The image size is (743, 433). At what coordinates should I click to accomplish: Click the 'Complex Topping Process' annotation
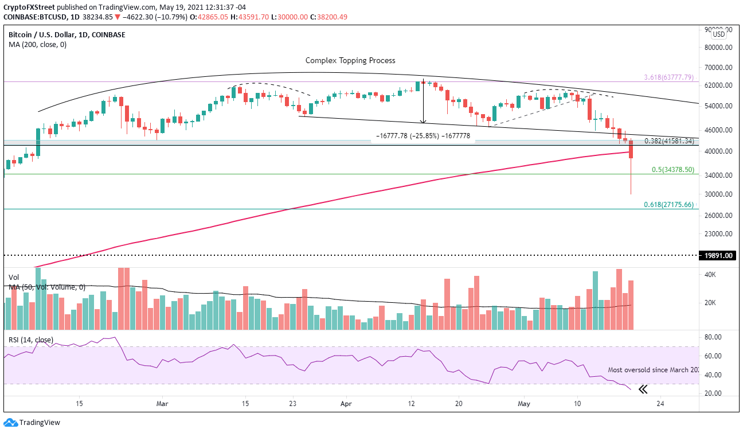point(350,60)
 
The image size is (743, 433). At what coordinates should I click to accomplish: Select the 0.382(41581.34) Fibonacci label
point(669,141)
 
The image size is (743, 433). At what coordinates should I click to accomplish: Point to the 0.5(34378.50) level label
point(673,170)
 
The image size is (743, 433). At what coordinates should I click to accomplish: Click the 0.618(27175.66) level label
point(669,205)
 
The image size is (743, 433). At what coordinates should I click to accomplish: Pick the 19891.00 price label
point(717,256)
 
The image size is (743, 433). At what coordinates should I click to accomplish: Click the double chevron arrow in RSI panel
point(643,390)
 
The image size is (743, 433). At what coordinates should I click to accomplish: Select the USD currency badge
point(719,34)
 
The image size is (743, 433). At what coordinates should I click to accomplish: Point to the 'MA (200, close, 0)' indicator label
point(37,45)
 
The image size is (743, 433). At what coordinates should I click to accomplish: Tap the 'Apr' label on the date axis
point(346,403)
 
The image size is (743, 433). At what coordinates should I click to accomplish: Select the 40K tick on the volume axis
point(710,275)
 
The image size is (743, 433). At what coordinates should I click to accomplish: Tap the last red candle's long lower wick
point(631,178)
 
